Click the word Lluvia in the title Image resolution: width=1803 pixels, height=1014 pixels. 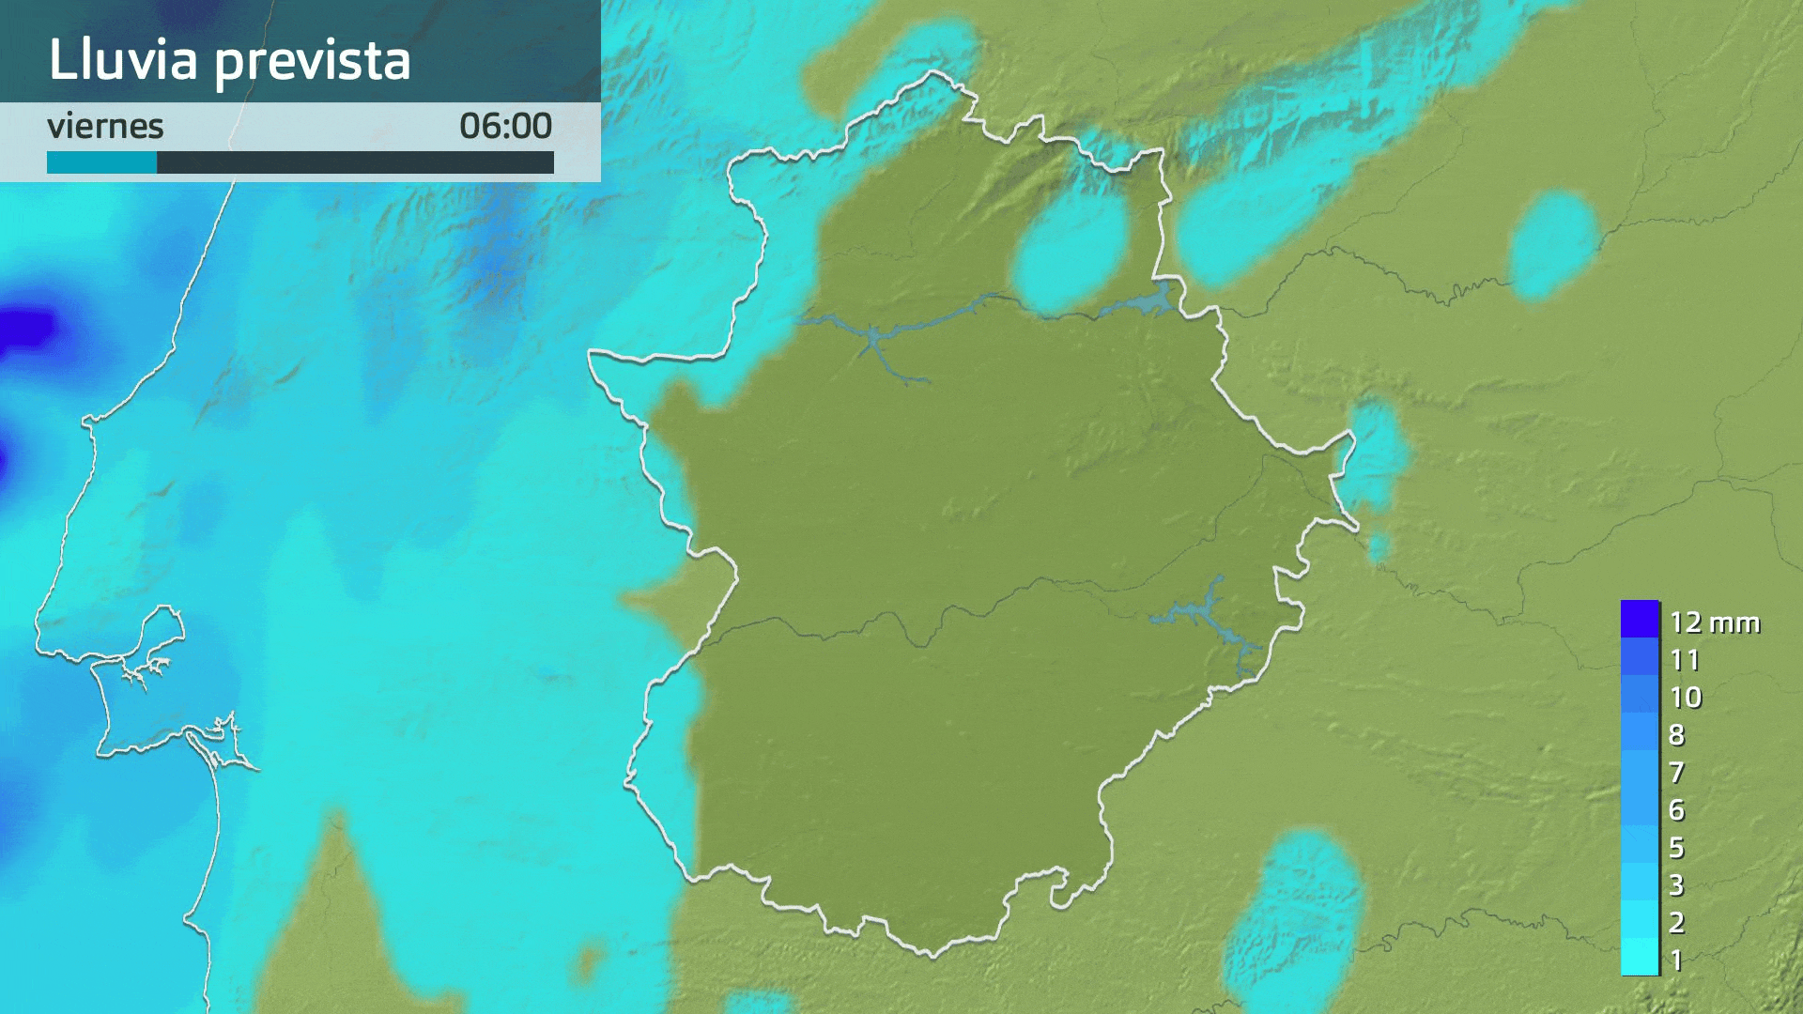pyautogui.click(x=123, y=59)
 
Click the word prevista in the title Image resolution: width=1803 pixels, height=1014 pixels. pyautogui.click(x=313, y=62)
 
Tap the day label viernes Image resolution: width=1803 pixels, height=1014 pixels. pyautogui.click(x=105, y=126)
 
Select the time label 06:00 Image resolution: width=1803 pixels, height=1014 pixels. pyautogui.click(x=505, y=126)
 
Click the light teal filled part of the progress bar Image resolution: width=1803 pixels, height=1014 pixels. pyautogui.click(x=101, y=163)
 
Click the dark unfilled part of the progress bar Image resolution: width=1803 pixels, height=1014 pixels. pyautogui.click(x=355, y=163)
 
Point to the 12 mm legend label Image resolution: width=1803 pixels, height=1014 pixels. pyautogui.click(x=1714, y=622)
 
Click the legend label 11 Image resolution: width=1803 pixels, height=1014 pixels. pyautogui.click(x=1685, y=660)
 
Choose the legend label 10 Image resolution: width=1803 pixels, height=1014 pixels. pyautogui.click(x=1686, y=698)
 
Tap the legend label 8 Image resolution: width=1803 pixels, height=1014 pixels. pyautogui.click(x=1677, y=735)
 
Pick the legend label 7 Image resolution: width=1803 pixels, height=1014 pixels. pyautogui.click(x=1677, y=773)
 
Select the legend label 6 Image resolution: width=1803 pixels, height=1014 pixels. pyautogui.click(x=1677, y=810)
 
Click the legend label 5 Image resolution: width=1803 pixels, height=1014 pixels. pyautogui.click(x=1677, y=848)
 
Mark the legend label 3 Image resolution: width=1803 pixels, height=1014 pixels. pyautogui.click(x=1677, y=885)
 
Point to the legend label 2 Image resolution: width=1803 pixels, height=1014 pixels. pyautogui.click(x=1677, y=923)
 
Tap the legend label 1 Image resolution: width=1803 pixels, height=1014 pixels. pyautogui.click(x=1677, y=960)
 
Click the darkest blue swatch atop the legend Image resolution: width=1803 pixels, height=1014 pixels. pyautogui.click(x=1640, y=620)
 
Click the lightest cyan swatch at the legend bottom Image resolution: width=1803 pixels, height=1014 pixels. pyautogui.click(x=1640, y=958)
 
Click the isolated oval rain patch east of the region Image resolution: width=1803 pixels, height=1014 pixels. pyautogui.click(x=1554, y=244)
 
